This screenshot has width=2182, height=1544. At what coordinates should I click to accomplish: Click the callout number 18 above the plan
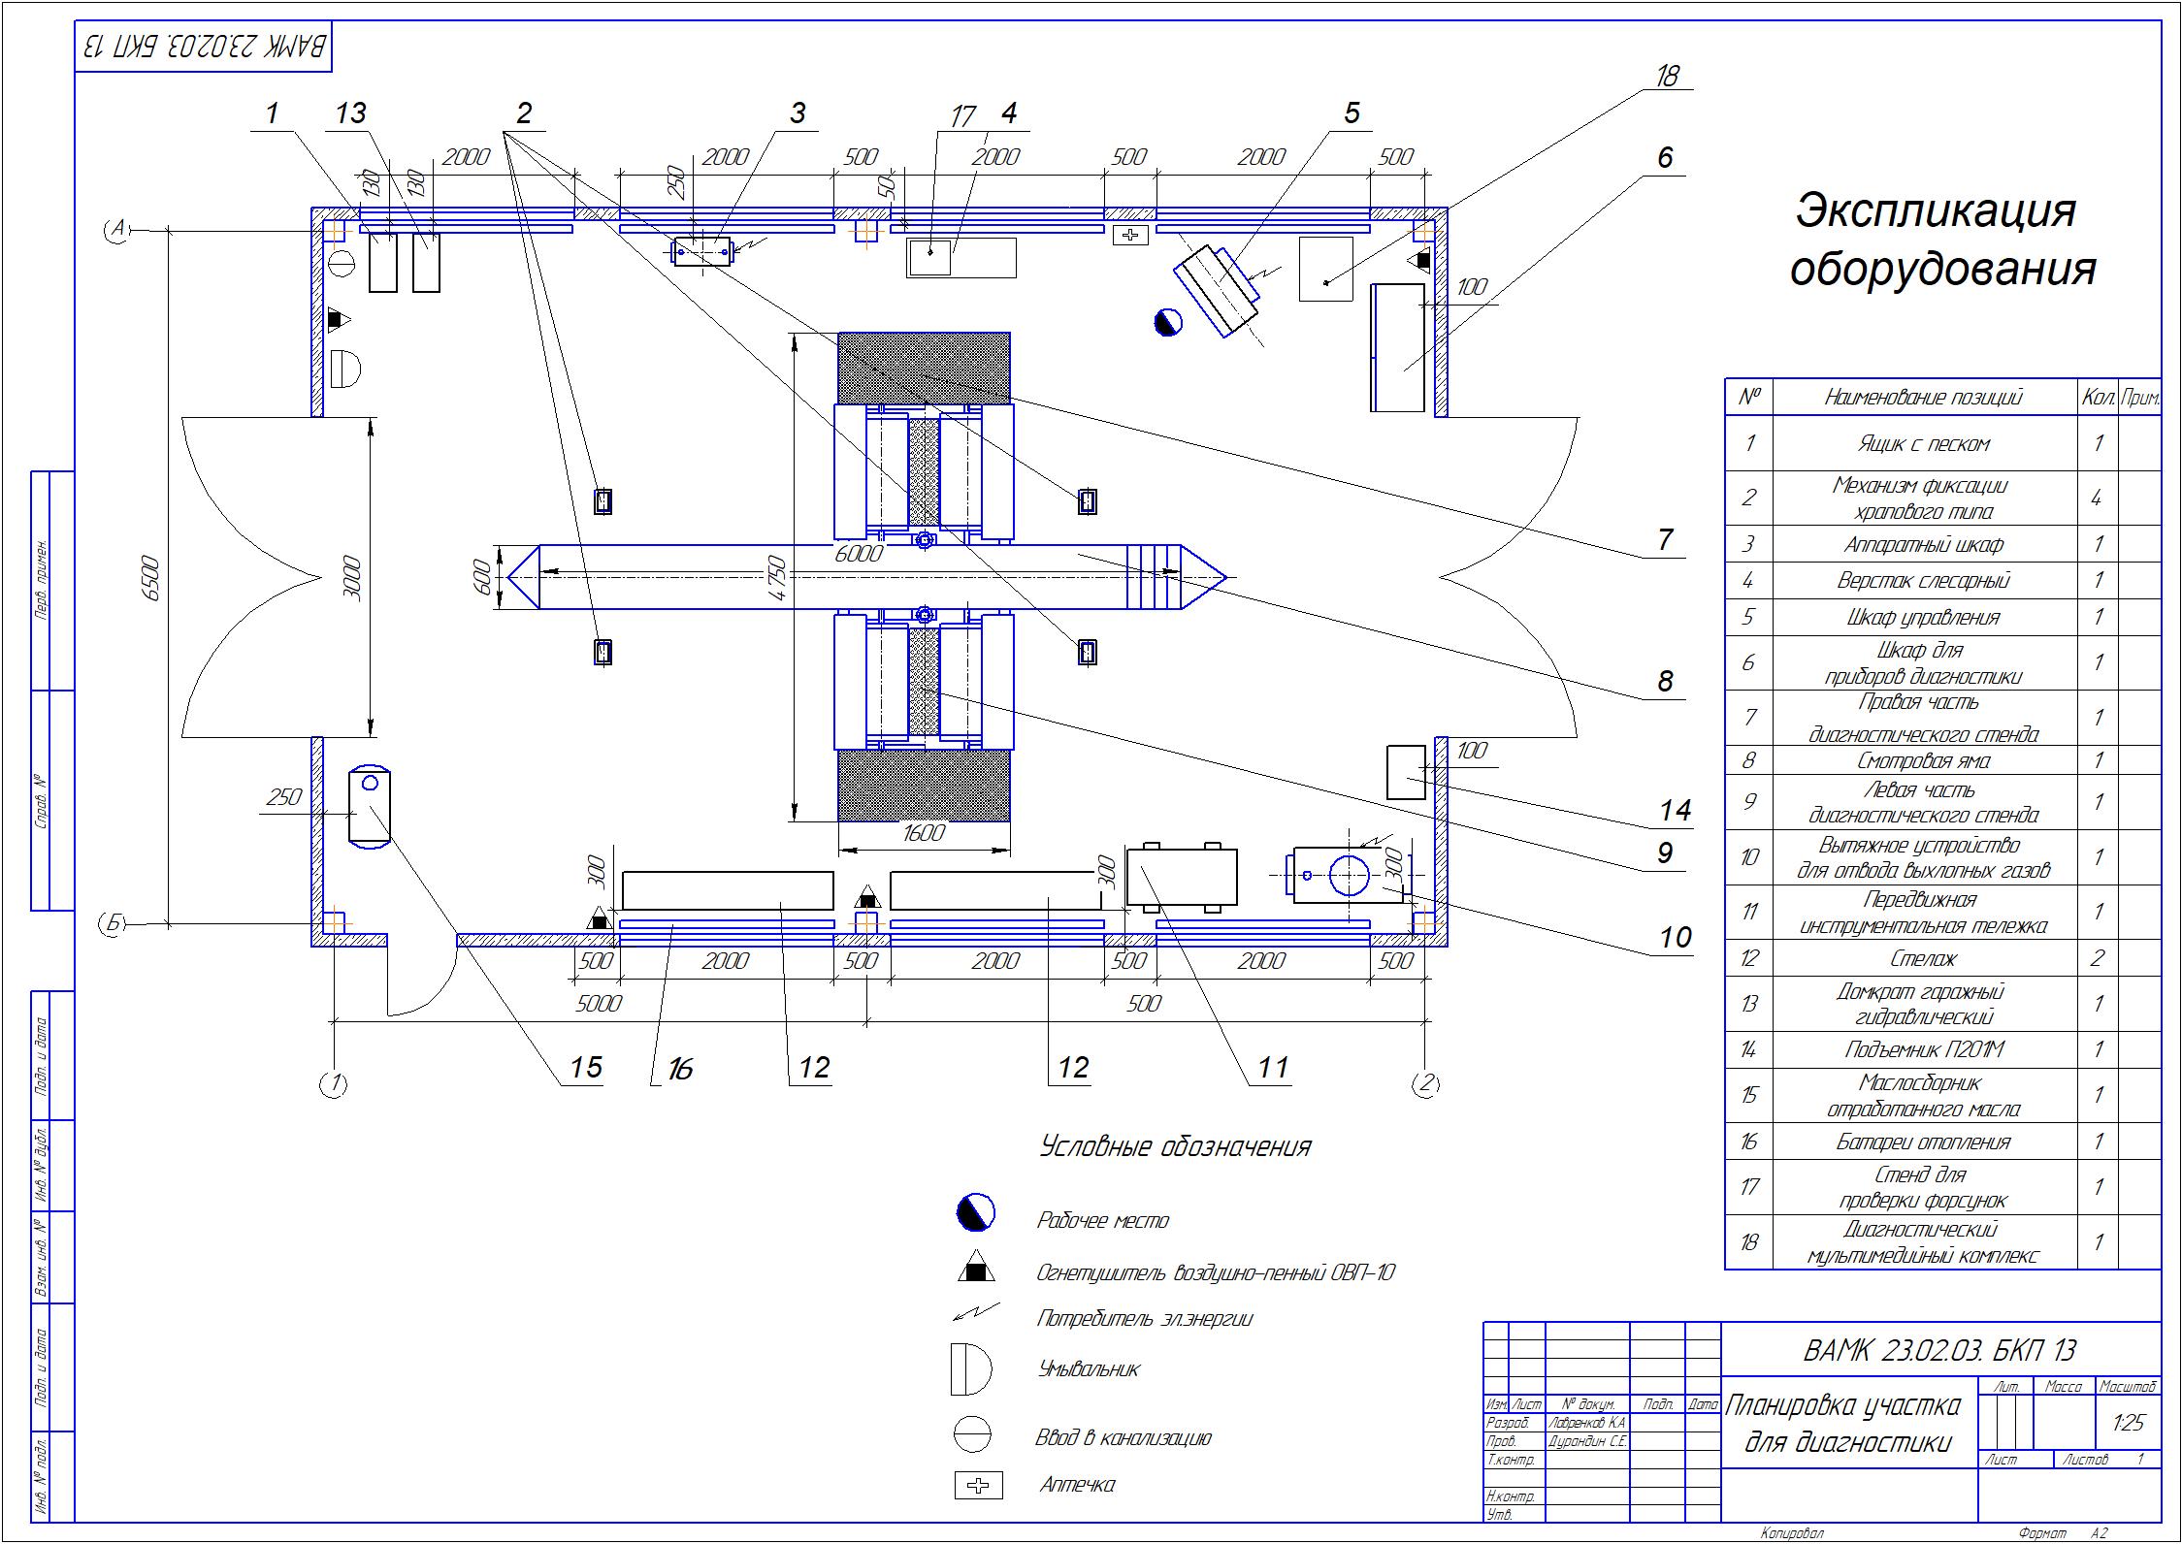(x=1667, y=76)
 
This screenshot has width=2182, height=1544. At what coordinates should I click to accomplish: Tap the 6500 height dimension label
(x=151, y=579)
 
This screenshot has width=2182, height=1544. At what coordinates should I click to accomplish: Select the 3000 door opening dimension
(x=353, y=579)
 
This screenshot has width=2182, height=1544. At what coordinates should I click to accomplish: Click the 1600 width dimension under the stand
(x=923, y=833)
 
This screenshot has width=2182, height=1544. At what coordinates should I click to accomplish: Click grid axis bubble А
(x=118, y=230)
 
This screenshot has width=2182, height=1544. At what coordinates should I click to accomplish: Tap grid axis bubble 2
(x=1425, y=1084)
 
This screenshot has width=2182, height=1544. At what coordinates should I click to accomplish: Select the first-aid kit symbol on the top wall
(x=1130, y=235)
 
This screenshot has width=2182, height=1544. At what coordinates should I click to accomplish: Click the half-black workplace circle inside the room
(x=1168, y=322)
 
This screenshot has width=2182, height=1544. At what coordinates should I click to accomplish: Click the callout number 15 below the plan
(x=586, y=1068)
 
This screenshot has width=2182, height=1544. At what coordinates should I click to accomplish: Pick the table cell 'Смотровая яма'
(x=1923, y=760)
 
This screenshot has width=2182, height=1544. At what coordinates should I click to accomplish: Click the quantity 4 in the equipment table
(x=2097, y=499)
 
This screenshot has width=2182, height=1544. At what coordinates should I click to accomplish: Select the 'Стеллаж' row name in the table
(x=1923, y=958)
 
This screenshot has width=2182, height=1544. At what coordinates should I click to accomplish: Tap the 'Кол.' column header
(x=2097, y=397)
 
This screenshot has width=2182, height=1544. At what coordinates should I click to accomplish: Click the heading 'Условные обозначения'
(x=1175, y=1147)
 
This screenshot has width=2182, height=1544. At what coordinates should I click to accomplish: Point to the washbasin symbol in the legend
(x=971, y=1368)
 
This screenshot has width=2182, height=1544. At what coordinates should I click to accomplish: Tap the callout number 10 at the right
(x=1675, y=937)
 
